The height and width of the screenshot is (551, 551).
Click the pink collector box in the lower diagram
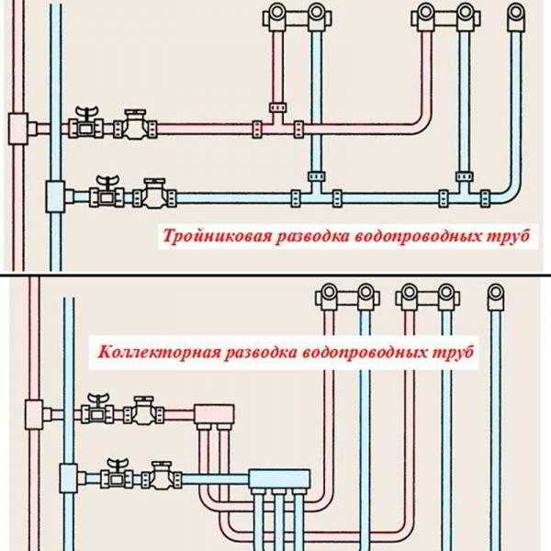[214, 414]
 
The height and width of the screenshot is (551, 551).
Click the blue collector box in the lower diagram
[279, 479]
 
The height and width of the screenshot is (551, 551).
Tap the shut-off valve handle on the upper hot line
[86, 113]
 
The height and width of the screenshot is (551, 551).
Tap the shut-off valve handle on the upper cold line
[107, 182]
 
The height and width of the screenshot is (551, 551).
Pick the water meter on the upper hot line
[135, 125]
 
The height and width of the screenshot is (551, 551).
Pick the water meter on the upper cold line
[154, 193]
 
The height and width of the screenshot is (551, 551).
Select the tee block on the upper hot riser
[18, 129]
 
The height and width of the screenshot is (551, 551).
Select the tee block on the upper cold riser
[55, 197]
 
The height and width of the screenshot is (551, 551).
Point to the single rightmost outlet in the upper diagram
[516, 17]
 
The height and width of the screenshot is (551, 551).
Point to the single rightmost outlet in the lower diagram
[496, 297]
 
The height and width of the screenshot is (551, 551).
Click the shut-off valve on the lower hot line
[97, 410]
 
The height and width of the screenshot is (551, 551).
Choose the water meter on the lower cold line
[162, 476]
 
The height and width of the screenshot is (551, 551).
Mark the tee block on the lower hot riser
[34, 415]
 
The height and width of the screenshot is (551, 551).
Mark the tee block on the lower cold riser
[68, 478]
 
